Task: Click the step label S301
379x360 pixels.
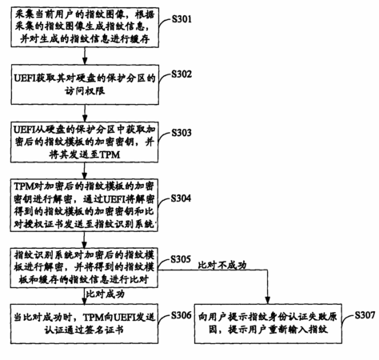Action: (182, 19)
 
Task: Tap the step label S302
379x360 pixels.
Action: (182, 74)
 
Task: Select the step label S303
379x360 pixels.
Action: (182, 133)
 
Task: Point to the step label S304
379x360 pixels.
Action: (181, 198)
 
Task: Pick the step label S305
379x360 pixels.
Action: (181, 259)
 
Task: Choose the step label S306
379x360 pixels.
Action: (182, 315)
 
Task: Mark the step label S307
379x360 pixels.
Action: (365, 315)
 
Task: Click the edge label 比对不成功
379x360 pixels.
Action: (222, 265)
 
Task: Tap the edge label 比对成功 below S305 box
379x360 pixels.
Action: (106, 294)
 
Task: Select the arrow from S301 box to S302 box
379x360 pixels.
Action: (85, 56)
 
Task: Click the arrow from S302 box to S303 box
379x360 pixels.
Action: (85, 113)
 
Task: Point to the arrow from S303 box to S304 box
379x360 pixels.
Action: (85, 170)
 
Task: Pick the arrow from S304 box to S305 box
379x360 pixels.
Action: (84, 240)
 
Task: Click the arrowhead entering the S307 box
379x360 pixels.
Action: (268, 300)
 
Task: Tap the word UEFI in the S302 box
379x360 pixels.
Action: (25, 78)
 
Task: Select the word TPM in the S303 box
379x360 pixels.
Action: (110, 154)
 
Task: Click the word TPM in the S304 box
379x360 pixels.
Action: (24, 186)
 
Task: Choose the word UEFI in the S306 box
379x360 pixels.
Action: (125, 318)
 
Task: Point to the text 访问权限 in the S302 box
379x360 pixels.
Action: (85, 91)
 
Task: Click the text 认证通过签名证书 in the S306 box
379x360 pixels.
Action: (84, 330)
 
